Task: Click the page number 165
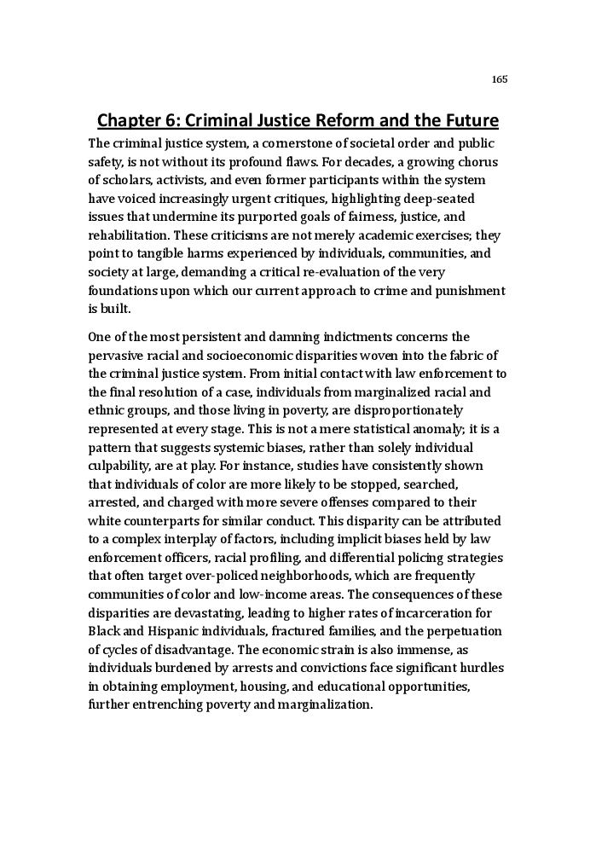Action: coord(500,79)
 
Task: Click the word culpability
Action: coord(122,466)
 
